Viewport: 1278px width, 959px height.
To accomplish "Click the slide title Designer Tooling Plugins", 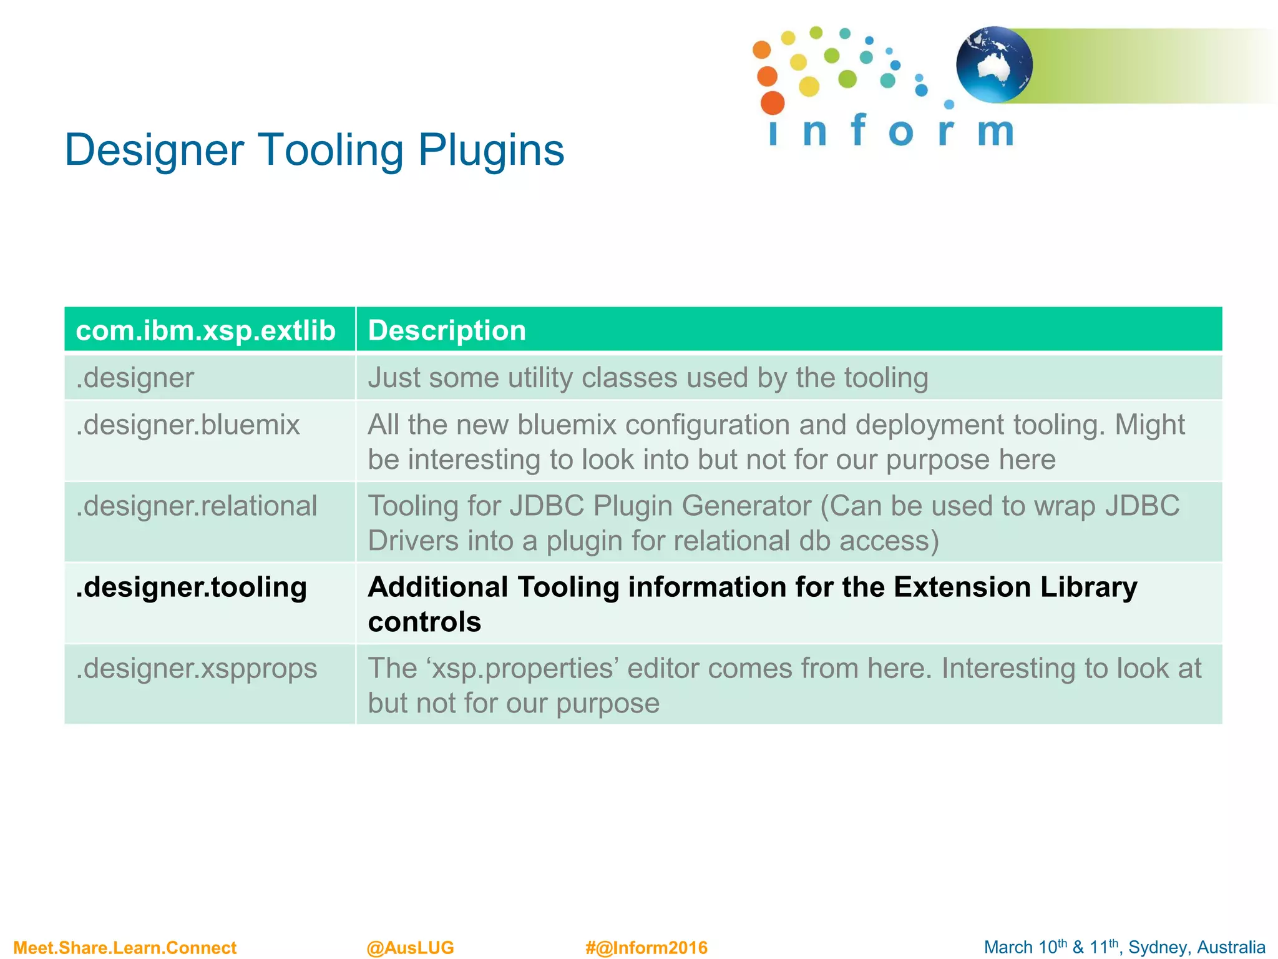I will pyautogui.click(x=314, y=150).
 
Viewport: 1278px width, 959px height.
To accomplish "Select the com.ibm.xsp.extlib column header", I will pyautogui.click(x=205, y=330).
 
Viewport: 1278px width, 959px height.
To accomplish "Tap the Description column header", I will pyautogui.click(x=447, y=330).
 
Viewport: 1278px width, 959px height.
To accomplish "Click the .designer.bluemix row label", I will pyautogui.click(x=188, y=425).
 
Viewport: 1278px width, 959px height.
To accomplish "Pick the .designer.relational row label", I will pyautogui.click(x=197, y=506).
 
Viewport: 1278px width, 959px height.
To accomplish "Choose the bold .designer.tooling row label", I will pyautogui.click(x=192, y=588).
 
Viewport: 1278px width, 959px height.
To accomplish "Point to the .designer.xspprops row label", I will pyautogui.click(x=197, y=669).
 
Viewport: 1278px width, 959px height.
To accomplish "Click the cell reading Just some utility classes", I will pyautogui.click(x=648, y=378).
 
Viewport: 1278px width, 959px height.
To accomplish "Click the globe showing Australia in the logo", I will pyautogui.click(x=994, y=65).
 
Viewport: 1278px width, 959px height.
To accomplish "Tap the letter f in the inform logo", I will pyautogui.click(x=859, y=130).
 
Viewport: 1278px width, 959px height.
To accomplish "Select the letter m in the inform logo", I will pyautogui.click(x=995, y=131).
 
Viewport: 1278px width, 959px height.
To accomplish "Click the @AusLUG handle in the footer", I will pyautogui.click(x=410, y=948).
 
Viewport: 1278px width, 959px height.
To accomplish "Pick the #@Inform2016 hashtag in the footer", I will pyautogui.click(x=646, y=948).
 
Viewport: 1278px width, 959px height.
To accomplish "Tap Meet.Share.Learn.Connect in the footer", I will pyautogui.click(x=125, y=948).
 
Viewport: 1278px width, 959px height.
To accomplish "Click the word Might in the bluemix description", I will pyautogui.click(x=1149, y=425).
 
